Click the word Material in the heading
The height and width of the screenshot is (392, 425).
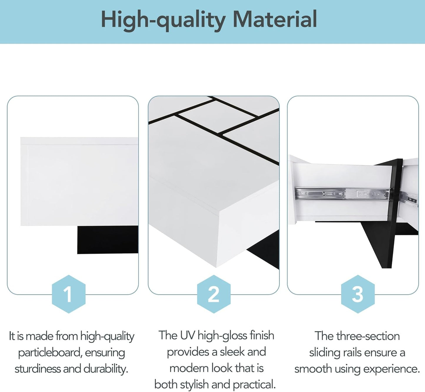(x=275, y=19)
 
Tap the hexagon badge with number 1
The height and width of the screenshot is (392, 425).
(x=69, y=294)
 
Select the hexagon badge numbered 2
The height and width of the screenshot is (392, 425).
(x=214, y=294)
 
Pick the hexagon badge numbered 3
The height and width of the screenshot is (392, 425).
(x=358, y=294)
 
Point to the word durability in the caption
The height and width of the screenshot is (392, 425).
(x=106, y=369)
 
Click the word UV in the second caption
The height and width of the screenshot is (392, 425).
(x=188, y=335)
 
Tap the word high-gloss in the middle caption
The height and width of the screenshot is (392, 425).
(x=223, y=336)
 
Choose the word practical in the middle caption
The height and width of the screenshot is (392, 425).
(x=254, y=385)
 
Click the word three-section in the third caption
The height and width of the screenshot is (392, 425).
(x=368, y=336)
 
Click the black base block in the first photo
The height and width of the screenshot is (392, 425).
(x=108, y=240)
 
